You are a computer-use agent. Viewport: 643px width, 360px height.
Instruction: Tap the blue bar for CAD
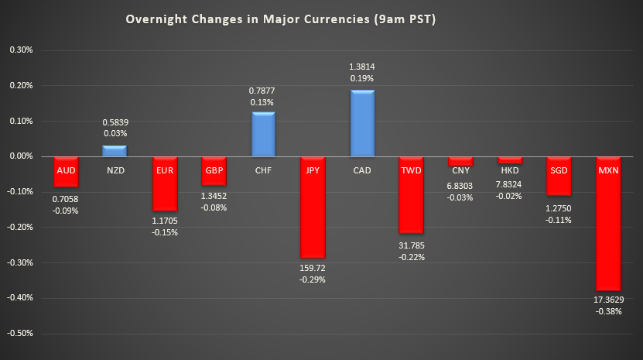coord(362,123)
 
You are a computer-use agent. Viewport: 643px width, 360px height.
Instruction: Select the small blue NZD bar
coord(115,151)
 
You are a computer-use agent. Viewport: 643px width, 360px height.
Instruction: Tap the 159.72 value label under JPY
coord(313,269)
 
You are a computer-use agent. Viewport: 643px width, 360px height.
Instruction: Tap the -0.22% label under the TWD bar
coord(412,256)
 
